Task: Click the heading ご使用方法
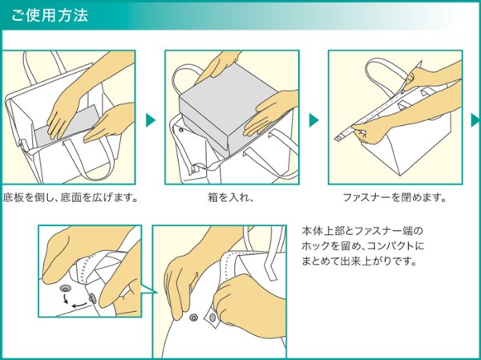pyautogui.click(x=50, y=15)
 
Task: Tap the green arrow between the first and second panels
pyautogui.click(x=150, y=119)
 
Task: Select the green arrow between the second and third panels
pyautogui.click(x=313, y=119)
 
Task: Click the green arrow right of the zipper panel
pyautogui.click(x=475, y=119)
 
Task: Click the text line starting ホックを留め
pyautogui.click(x=363, y=246)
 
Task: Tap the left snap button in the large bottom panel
pyautogui.click(x=192, y=318)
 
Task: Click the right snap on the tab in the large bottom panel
pyautogui.click(x=211, y=321)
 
